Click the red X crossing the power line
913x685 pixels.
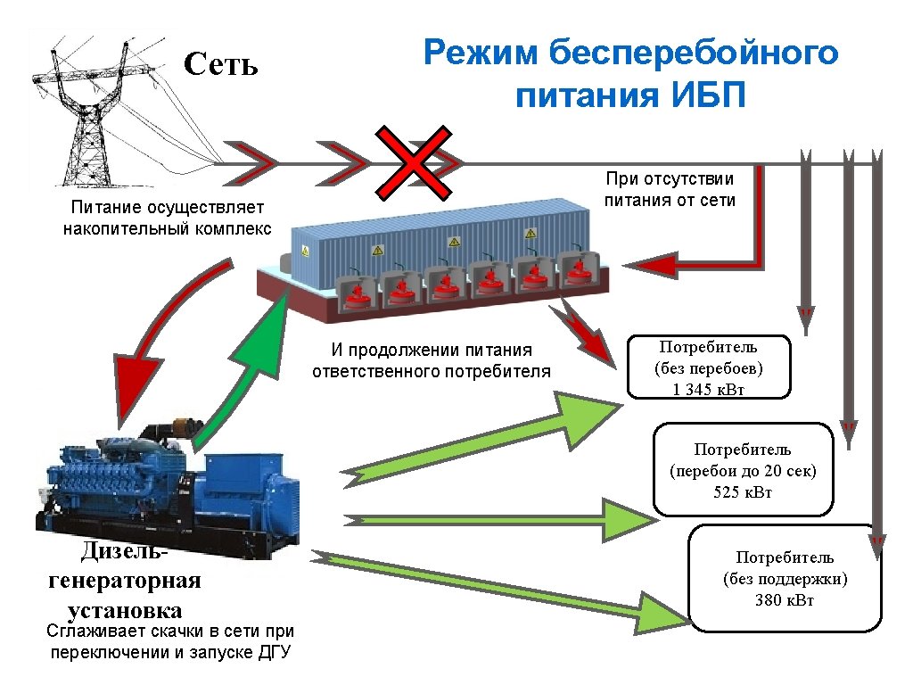tap(411, 161)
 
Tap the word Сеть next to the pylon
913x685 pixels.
tap(221, 64)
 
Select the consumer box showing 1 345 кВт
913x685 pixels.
tap(710, 367)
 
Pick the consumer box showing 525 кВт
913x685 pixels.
tap(743, 470)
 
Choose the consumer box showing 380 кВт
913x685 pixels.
tap(785, 578)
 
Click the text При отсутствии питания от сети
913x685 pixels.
tap(670, 189)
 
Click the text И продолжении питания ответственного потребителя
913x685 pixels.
tap(432, 360)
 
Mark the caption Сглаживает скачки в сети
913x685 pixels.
tap(169, 642)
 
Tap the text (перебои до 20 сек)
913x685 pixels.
tap(743, 471)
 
